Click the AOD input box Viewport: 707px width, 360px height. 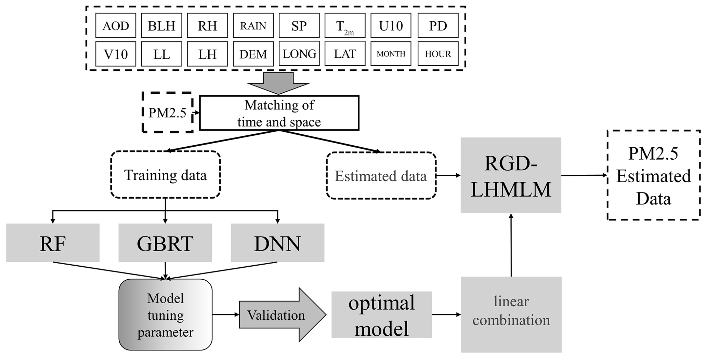point(116,26)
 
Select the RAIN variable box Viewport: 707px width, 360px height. point(253,26)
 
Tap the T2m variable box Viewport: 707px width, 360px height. point(345,26)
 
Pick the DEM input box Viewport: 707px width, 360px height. point(253,54)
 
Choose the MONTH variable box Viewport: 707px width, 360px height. point(391,54)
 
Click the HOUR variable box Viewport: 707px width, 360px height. point(438,54)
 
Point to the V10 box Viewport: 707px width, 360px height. point(116,54)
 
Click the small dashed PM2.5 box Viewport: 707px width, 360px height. point(167,112)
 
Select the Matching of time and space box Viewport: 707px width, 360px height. point(279,113)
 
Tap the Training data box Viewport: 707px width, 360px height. point(165,175)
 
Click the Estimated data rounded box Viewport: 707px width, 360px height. point(381,176)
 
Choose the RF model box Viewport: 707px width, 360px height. point(53,243)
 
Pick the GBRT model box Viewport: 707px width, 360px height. point(165,243)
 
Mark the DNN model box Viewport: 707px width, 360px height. point(277,243)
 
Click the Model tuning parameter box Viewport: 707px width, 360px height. point(166,315)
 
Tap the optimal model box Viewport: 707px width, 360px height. point(382,315)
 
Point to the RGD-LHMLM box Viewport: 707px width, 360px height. point(511,175)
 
